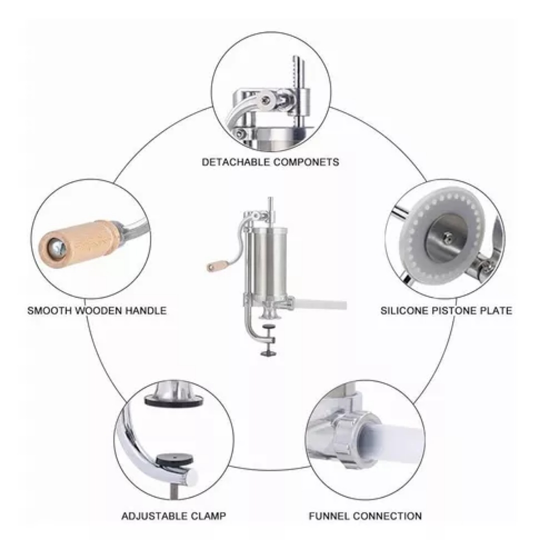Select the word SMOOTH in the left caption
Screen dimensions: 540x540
point(49,310)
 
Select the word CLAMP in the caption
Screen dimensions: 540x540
point(206,516)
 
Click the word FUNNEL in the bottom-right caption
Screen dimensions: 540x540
point(329,516)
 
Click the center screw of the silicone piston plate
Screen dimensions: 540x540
point(447,236)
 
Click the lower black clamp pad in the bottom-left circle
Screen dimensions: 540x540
point(174,459)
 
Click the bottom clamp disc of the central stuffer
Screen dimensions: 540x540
point(268,352)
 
